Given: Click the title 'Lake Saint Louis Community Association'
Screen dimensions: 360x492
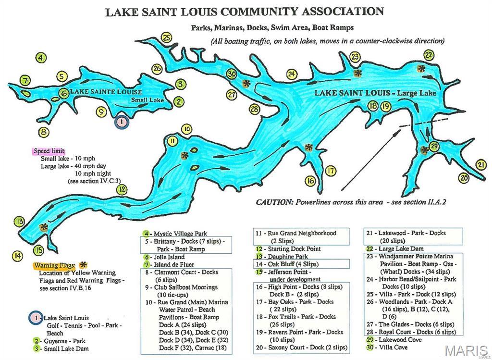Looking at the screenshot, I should [x=245, y=12].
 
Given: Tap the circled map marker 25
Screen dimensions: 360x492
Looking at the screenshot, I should [x=167, y=37].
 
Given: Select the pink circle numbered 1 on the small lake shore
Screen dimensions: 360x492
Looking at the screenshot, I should [x=122, y=122].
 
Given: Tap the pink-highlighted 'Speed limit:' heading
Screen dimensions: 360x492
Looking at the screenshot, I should [x=49, y=150].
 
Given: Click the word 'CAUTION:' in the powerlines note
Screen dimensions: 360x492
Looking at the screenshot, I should [x=274, y=202].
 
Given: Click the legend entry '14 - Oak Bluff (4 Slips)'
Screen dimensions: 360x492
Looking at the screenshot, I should [x=287, y=264].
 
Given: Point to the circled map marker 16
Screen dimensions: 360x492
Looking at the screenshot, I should [x=310, y=180].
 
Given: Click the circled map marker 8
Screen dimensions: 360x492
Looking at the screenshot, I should [x=44, y=131].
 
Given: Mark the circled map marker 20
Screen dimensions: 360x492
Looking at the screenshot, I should [x=463, y=177].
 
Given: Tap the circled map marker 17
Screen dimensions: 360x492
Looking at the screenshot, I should [x=330, y=171].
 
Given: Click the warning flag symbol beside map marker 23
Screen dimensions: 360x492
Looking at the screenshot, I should [x=357, y=73].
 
